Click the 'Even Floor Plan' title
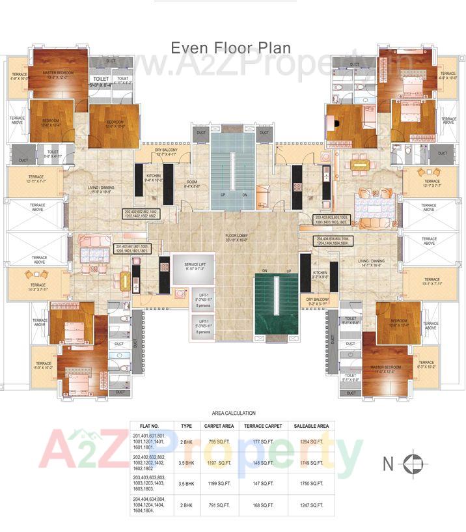(231, 48)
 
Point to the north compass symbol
(412, 464)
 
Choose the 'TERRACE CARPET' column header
(263, 426)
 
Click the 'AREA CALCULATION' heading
(234, 413)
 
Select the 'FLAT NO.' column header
(150, 426)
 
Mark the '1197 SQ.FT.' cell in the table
(219, 463)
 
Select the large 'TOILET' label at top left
(101, 80)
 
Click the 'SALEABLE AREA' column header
(314, 426)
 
